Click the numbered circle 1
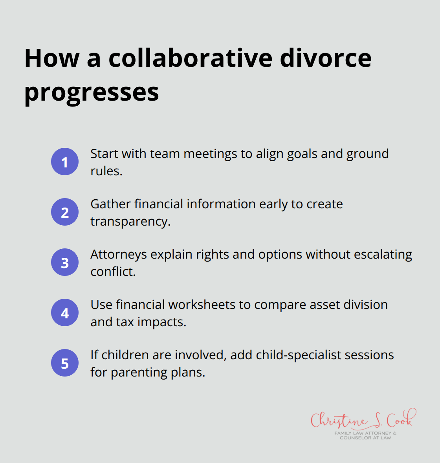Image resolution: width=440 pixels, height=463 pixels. click(65, 162)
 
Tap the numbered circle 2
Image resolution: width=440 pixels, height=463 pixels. click(65, 212)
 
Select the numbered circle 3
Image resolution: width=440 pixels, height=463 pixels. click(65, 262)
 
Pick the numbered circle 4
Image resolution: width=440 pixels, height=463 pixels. click(65, 312)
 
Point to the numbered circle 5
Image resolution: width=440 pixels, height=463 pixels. click(65, 363)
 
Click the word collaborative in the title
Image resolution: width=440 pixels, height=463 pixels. click(190, 58)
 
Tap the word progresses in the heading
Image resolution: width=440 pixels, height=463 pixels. click(92, 93)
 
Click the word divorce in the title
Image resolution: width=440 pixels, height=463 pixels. click(326, 58)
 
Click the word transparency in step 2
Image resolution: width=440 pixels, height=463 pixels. click(130, 222)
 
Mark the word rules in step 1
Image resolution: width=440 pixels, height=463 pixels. click(105, 171)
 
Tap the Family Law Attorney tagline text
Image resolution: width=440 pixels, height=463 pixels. click(365, 435)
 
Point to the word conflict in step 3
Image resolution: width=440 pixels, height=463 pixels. click(112, 272)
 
